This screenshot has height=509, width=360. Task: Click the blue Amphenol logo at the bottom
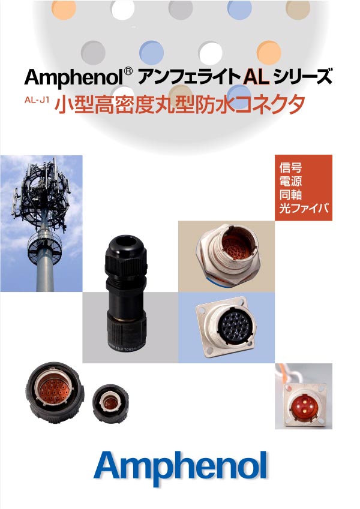click(x=181, y=468)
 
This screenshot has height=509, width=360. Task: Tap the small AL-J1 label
click(x=37, y=100)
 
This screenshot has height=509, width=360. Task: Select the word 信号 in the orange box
click(x=290, y=167)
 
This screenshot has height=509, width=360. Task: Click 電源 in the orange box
click(x=290, y=181)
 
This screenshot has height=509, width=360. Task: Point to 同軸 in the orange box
click(x=290, y=194)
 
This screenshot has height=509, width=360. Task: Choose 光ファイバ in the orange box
click(x=304, y=208)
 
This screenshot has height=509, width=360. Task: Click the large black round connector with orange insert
click(x=55, y=393)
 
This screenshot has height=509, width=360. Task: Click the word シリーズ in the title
click(x=303, y=77)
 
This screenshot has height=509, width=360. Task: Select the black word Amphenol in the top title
click(x=73, y=78)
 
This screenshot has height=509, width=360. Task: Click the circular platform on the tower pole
click(x=44, y=248)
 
